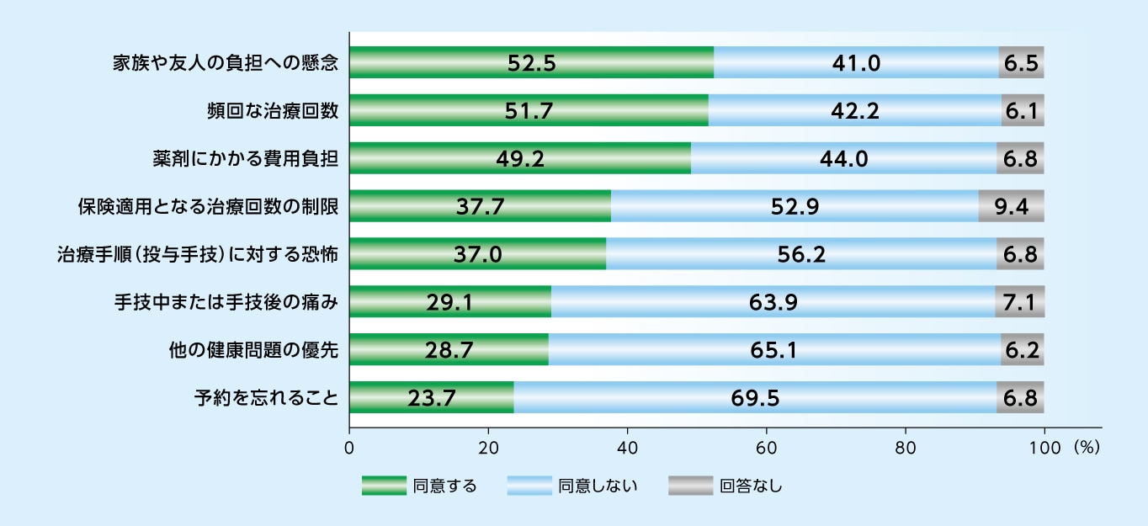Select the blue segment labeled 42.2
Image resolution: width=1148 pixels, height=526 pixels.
(x=854, y=110)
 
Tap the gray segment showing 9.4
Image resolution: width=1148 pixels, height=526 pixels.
(x=1011, y=206)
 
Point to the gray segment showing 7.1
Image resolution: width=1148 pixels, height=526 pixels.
(x=1019, y=302)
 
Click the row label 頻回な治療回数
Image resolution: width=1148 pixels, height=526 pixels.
(x=273, y=110)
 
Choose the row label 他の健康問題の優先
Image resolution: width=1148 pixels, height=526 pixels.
(x=254, y=350)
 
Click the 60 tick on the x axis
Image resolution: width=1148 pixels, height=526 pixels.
(x=766, y=446)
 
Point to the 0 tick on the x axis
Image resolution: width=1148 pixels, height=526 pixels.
(x=349, y=446)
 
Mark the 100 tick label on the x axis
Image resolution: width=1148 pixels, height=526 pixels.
(x=1044, y=446)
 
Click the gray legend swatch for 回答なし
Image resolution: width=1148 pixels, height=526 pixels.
(x=689, y=486)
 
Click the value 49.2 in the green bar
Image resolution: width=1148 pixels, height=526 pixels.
(x=520, y=158)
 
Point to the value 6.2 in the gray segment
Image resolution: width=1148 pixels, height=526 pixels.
(x=1022, y=350)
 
